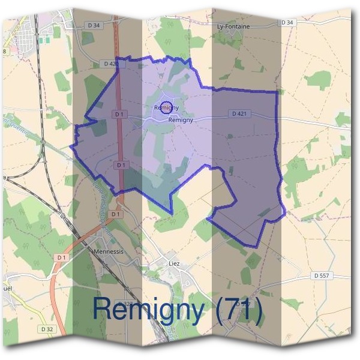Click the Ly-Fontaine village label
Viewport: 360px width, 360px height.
point(233,27)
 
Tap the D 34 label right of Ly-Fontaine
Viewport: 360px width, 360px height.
point(287,22)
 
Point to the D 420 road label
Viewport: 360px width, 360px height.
point(110,63)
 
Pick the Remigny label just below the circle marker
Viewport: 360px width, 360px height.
point(181,120)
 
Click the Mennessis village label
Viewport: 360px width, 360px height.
point(109,252)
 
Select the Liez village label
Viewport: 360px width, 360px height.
point(175,262)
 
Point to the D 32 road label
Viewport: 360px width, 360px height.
point(47,329)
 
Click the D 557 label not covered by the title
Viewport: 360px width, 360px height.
point(322,275)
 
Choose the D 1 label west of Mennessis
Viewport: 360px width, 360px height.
point(61,257)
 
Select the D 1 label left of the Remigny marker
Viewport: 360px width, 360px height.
point(118,113)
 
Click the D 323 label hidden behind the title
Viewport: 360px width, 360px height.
point(127,304)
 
